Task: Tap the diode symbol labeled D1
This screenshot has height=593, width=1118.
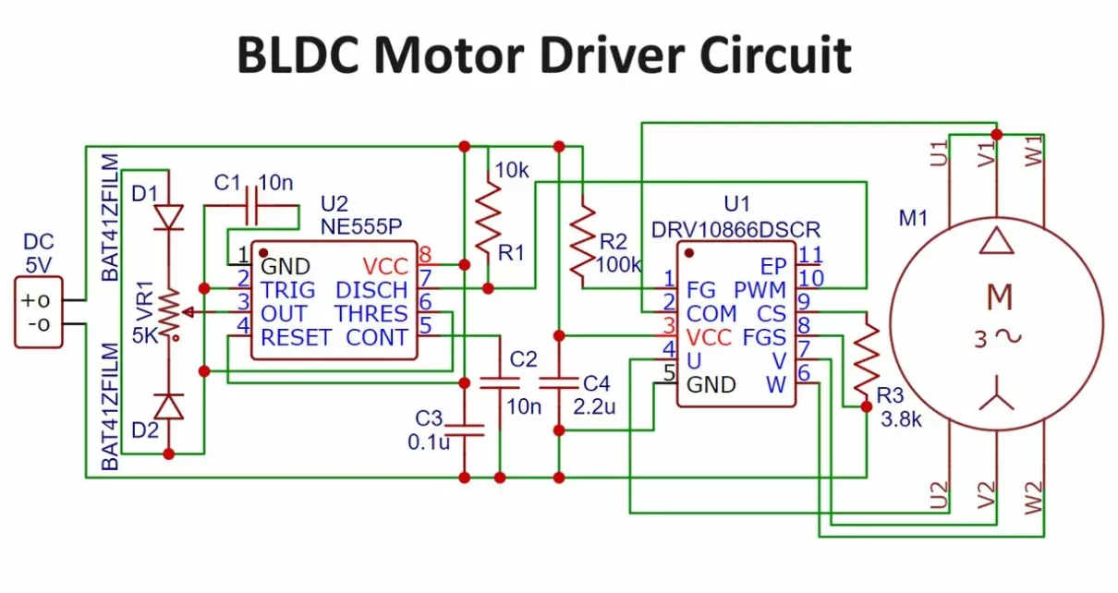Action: pyautogui.click(x=168, y=215)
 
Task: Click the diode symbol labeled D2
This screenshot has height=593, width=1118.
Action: pyautogui.click(x=168, y=406)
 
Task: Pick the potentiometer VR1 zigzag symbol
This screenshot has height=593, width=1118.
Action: pyautogui.click(x=168, y=312)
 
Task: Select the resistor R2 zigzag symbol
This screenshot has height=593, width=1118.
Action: pyautogui.click(x=581, y=243)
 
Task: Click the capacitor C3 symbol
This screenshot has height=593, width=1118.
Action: pyautogui.click(x=464, y=427)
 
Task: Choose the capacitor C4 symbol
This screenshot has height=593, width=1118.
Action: pyautogui.click(x=558, y=382)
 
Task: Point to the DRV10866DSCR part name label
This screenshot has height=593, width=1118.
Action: pyautogui.click(x=735, y=227)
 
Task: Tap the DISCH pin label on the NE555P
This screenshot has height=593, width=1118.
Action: pyautogui.click(x=371, y=289)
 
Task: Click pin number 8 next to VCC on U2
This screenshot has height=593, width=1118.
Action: pyautogui.click(x=425, y=254)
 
